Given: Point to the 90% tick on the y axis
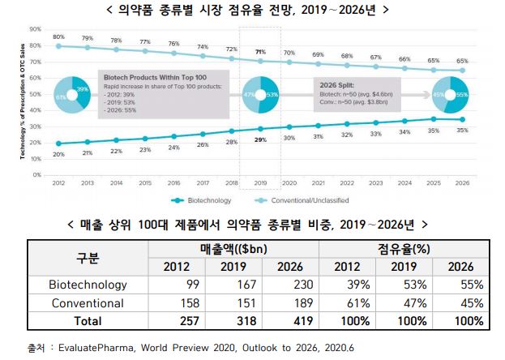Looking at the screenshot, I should (35, 28).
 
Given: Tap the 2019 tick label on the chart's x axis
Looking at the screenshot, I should (259, 183).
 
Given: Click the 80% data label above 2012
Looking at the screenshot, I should (58, 37).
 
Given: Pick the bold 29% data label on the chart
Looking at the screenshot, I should (259, 139).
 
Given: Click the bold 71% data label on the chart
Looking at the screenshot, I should (259, 52).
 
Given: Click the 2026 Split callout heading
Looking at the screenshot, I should (338, 84).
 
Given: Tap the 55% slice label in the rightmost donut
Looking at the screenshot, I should (462, 95).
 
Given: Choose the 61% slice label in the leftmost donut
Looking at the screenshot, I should (60, 97).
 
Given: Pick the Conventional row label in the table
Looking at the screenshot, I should (88, 302).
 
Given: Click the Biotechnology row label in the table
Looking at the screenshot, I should (88, 285).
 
